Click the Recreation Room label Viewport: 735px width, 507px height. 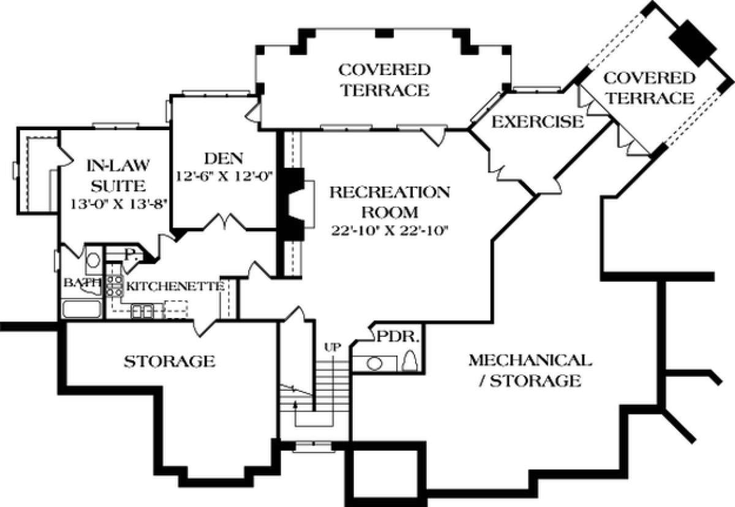[x=390, y=202]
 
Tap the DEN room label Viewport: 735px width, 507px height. [x=224, y=159]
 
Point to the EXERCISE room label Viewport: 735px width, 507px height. [x=538, y=122]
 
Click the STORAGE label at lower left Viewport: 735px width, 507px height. [x=170, y=361]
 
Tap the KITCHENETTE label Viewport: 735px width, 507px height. [x=173, y=286]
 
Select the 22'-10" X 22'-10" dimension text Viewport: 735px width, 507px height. [x=390, y=231]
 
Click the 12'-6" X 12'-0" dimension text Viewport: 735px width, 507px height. [x=224, y=176]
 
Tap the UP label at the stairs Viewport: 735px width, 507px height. [x=332, y=347]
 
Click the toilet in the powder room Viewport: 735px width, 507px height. [x=411, y=361]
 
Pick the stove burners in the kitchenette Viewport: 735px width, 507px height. [x=114, y=286]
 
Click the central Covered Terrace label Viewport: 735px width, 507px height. [x=385, y=79]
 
